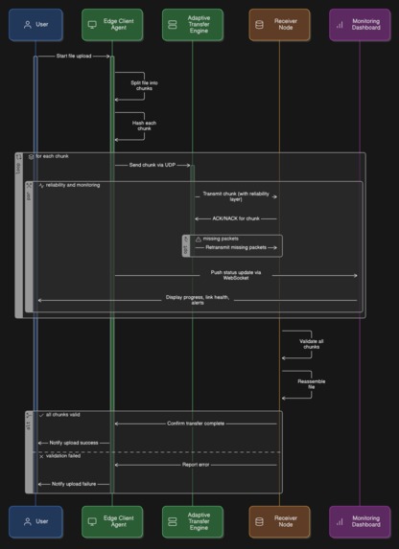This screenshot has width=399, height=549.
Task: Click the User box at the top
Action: [35, 24]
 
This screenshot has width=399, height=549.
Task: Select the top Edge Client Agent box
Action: [111, 24]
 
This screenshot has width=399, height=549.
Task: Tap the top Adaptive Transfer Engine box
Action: [192, 24]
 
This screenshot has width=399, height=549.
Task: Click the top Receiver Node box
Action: [279, 24]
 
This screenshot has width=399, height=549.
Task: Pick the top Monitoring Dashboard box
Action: [360, 24]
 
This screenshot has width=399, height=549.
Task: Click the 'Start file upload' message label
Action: [74, 57]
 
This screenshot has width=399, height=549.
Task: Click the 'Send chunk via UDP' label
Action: [152, 165]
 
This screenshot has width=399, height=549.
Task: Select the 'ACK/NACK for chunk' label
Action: [235, 218]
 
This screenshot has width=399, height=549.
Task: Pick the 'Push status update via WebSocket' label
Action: [236, 276]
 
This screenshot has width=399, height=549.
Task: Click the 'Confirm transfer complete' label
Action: [197, 423]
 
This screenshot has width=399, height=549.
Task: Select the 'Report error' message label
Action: [197, 465]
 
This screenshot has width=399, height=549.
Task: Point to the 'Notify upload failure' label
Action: [74, 484]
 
